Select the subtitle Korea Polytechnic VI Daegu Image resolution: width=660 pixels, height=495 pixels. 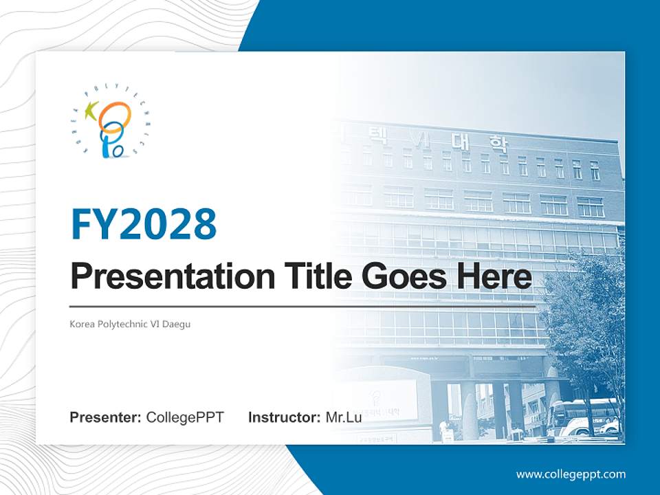coord(130,324)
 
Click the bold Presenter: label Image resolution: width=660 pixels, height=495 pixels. coord(106,417)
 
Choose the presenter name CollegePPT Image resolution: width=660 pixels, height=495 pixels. coord(185,417)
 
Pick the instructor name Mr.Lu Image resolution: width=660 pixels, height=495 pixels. coord(343,417)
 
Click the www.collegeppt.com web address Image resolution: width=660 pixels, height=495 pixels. coord(571,474)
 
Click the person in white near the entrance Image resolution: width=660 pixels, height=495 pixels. coord(444,430)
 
